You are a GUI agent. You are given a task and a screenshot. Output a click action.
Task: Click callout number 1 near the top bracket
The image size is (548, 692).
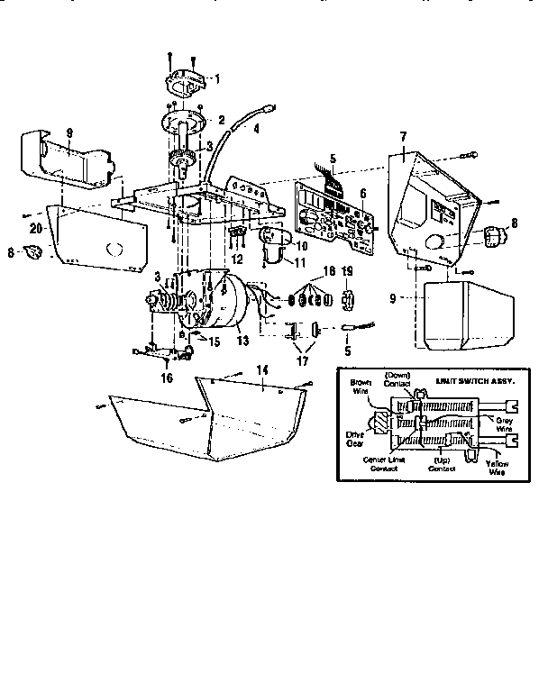click(215, 79)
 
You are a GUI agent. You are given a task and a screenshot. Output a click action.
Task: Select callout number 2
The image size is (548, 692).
click(222, 120)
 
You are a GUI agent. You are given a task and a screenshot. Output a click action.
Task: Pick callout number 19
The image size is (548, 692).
click(347, 269)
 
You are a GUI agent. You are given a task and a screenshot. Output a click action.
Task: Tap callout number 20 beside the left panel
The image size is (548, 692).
click(33, 230)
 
